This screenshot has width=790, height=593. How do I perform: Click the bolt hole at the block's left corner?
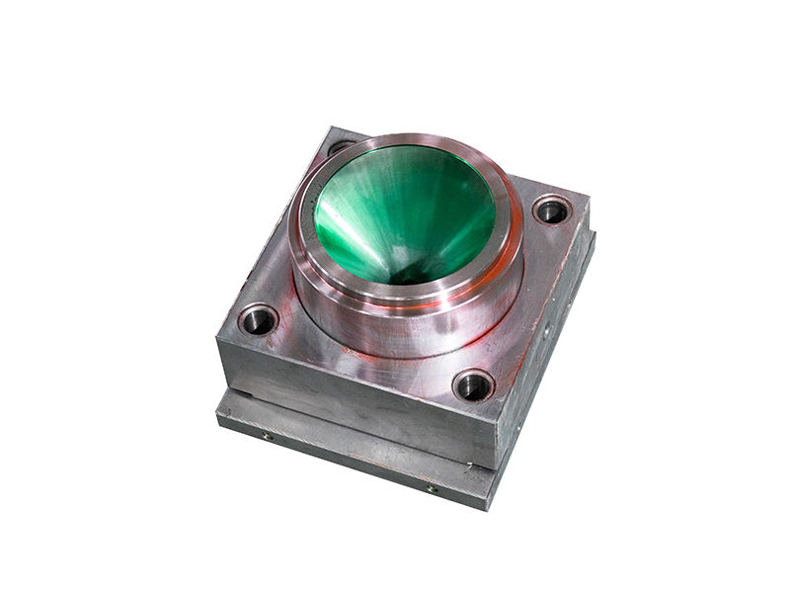[x=259, y=319]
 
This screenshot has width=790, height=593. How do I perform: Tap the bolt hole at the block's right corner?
[x=551, y=210]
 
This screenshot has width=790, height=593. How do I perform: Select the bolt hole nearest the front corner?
[x=473, y=384]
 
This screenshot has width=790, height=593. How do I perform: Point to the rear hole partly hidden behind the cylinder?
[x=340, y=148]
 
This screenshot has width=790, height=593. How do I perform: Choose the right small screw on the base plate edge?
[x=432, y=488]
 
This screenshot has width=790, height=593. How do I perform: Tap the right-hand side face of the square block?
[x=548, y=326]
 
